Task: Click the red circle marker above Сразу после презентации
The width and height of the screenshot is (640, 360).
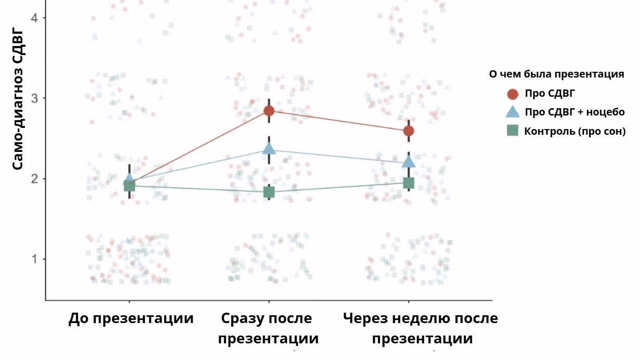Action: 269,111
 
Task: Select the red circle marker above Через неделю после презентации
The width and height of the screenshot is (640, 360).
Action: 409,131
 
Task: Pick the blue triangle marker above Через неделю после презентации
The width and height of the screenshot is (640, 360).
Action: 409,162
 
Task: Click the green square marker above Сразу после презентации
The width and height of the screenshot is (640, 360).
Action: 269,192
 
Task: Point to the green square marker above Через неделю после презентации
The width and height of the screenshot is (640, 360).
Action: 409,183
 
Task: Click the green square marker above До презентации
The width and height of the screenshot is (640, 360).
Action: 129,186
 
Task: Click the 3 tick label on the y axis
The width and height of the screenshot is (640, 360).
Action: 35,98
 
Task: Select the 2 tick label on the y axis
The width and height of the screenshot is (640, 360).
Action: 35,179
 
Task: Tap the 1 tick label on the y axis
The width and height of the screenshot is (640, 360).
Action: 35,259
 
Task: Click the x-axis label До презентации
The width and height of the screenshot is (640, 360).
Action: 130,318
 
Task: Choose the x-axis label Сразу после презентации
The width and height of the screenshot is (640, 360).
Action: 268,328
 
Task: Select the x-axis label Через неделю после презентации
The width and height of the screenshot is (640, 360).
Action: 421,328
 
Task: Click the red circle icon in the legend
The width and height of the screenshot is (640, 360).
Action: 513,94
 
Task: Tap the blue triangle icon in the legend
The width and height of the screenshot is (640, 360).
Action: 513,112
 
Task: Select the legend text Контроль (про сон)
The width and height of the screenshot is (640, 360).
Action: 574,131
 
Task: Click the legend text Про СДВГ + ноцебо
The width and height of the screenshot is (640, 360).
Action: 574,112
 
